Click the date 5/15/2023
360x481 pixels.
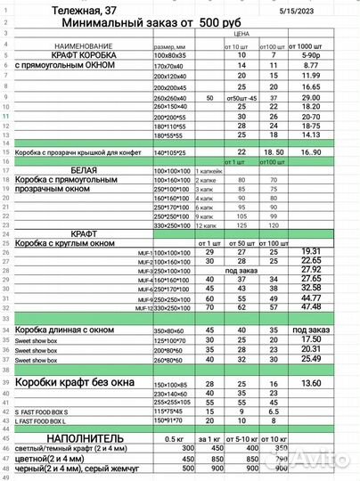coord(323,9)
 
